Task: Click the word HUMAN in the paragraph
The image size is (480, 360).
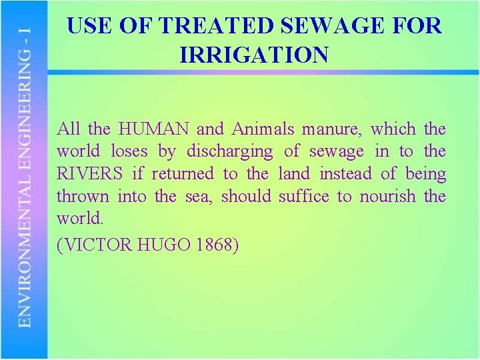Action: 155,129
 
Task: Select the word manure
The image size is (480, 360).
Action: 333,129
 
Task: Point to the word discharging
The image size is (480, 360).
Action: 229,152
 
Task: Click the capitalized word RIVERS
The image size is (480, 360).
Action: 90,174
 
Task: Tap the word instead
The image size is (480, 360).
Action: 346,174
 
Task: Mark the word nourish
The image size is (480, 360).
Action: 387,197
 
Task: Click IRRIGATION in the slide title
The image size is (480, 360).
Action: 254,55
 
